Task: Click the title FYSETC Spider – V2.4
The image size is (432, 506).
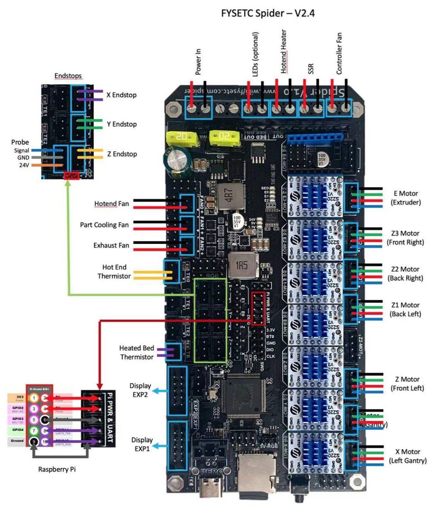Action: pos(268,13)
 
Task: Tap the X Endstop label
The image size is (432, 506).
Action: pos(121,95)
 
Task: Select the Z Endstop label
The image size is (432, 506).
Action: pos(122,154)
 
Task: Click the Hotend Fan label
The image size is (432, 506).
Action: pos(111,204)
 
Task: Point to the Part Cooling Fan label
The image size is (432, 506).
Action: pos(104,225)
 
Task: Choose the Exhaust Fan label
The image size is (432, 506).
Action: pos(111,245)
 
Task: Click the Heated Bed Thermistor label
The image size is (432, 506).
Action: pos(136,353)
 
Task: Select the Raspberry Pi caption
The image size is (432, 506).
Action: pos(57,470)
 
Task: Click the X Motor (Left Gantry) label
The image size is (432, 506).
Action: pos(407,456)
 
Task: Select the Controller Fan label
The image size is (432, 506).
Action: pos(339,53)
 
